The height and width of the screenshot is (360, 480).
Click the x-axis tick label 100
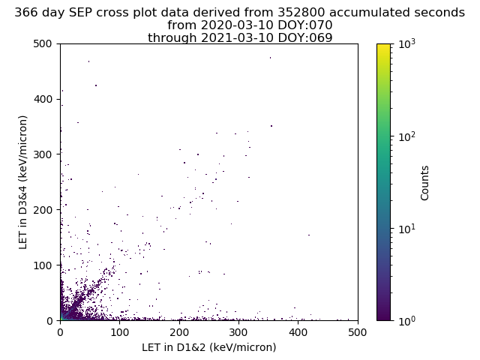[119, 332]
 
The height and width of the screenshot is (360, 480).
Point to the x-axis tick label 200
[179, 332]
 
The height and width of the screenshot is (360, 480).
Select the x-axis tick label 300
[238, 332]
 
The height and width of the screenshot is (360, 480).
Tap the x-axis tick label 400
[298, 332]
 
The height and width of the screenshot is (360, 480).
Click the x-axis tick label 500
[358, 332]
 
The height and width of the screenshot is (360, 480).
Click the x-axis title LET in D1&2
[209, 347]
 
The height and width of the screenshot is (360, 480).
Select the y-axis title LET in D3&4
[23, 182]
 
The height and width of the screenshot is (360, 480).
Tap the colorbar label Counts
[425, 182]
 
